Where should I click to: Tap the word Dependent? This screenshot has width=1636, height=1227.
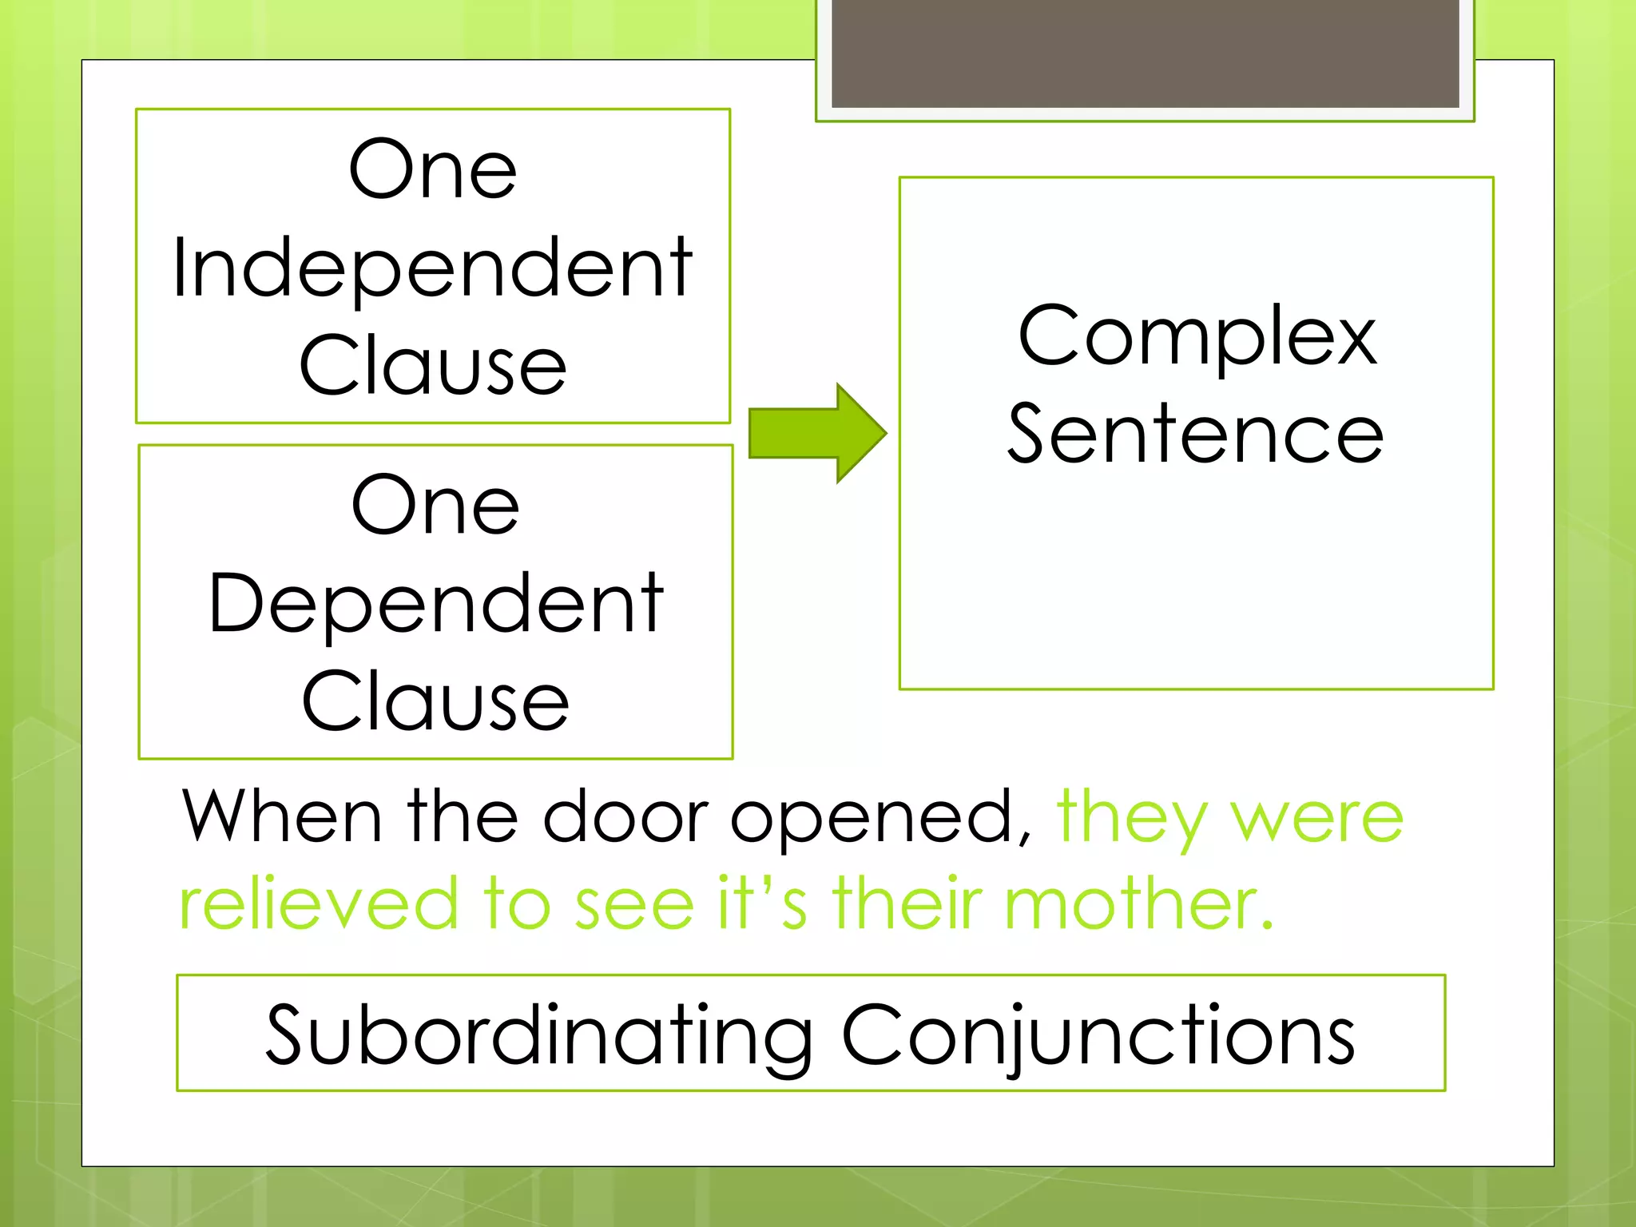[x=435, y=605]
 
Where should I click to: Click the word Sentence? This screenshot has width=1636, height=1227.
[x=1195, y=434]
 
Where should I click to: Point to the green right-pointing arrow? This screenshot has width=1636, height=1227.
[x=817, y=433]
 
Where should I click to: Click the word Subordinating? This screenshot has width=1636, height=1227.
[x=539, y=1035]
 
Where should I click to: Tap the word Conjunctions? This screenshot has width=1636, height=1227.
[x=1098, y=1035]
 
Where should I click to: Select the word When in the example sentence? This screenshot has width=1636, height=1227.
[x=282, y=816]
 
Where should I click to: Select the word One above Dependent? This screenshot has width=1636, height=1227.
[x=435, y=506]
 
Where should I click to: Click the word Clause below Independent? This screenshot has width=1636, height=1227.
[x=433, y=366]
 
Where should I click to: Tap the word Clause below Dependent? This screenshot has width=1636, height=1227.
[x=435, y=702]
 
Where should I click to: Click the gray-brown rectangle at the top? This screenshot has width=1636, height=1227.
[x=1145, y=53]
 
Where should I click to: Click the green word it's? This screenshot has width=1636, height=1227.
[x=762, y=903]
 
